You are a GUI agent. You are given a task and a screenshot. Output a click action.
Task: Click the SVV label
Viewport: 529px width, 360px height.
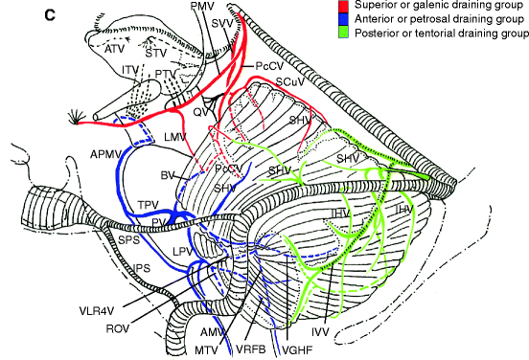223,23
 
